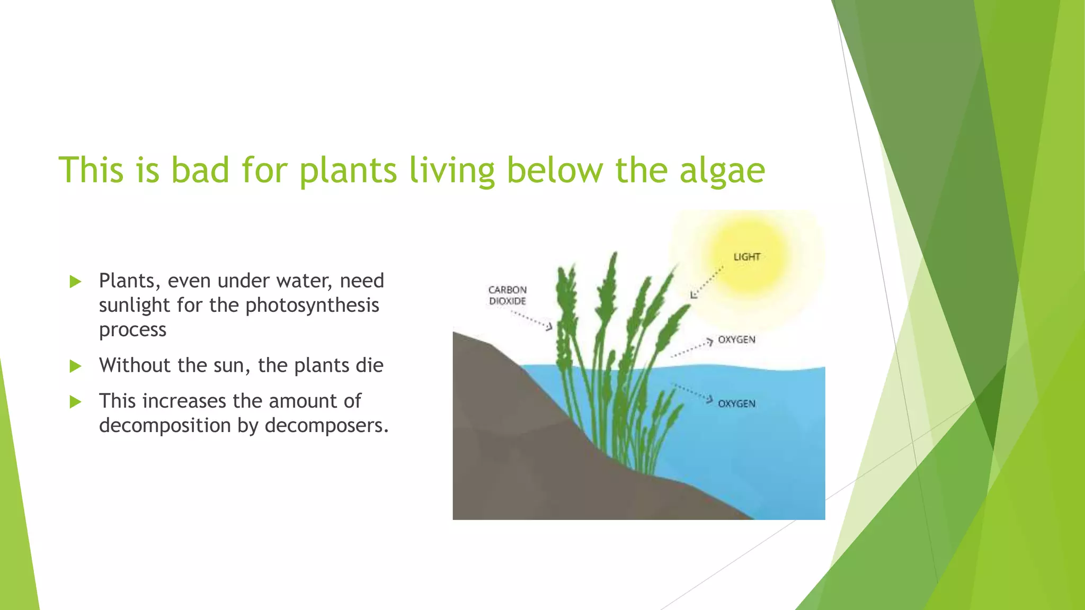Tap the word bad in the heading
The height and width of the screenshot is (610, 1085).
(200, 171)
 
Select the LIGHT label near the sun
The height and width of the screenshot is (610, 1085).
(746, 257)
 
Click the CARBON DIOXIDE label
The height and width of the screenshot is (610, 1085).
(507, 295)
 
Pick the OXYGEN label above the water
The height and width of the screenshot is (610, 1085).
(736, 339)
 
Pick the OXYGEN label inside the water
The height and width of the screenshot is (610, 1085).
(736, 403)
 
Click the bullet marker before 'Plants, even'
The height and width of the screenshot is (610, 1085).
(75, 281)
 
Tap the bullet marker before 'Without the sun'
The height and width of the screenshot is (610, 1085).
(75, 366)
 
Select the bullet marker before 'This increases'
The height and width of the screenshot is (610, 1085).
(75, 401)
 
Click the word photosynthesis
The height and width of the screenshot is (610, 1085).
(312, 306)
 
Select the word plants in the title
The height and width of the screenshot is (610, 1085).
(348, 171)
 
